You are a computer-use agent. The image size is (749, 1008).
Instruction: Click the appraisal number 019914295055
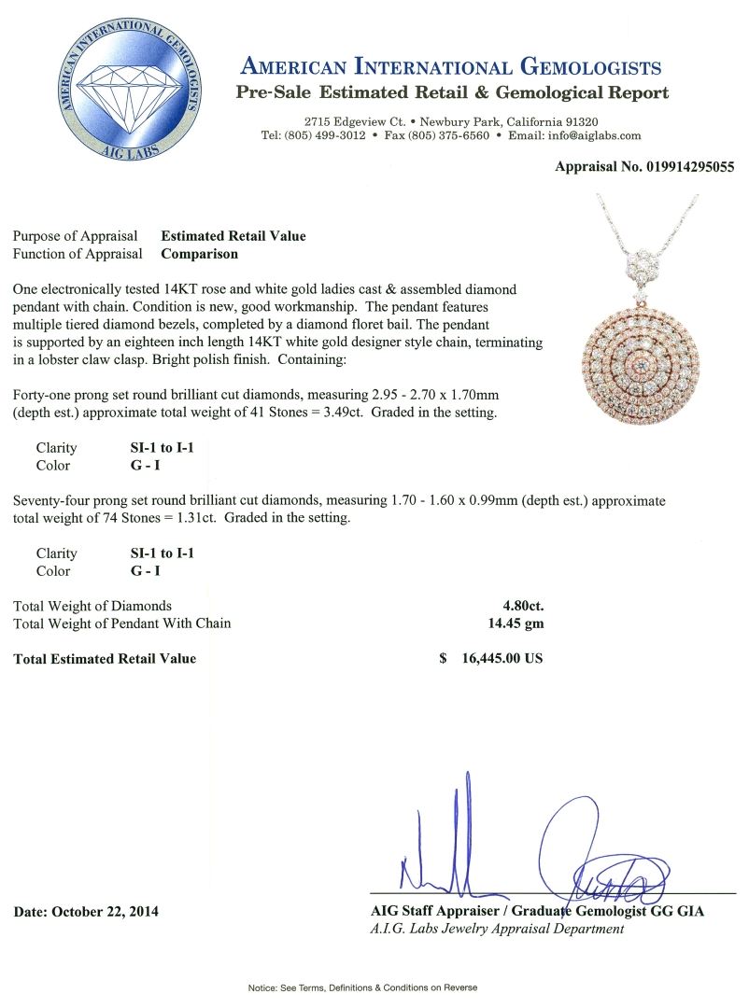681,167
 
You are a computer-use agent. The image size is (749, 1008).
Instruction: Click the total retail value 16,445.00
502,658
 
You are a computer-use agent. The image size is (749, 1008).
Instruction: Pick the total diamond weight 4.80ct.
523,606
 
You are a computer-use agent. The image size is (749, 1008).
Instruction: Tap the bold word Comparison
199,253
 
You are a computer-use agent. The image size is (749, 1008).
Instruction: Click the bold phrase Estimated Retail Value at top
233,236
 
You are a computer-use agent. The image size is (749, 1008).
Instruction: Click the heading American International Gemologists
451,67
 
